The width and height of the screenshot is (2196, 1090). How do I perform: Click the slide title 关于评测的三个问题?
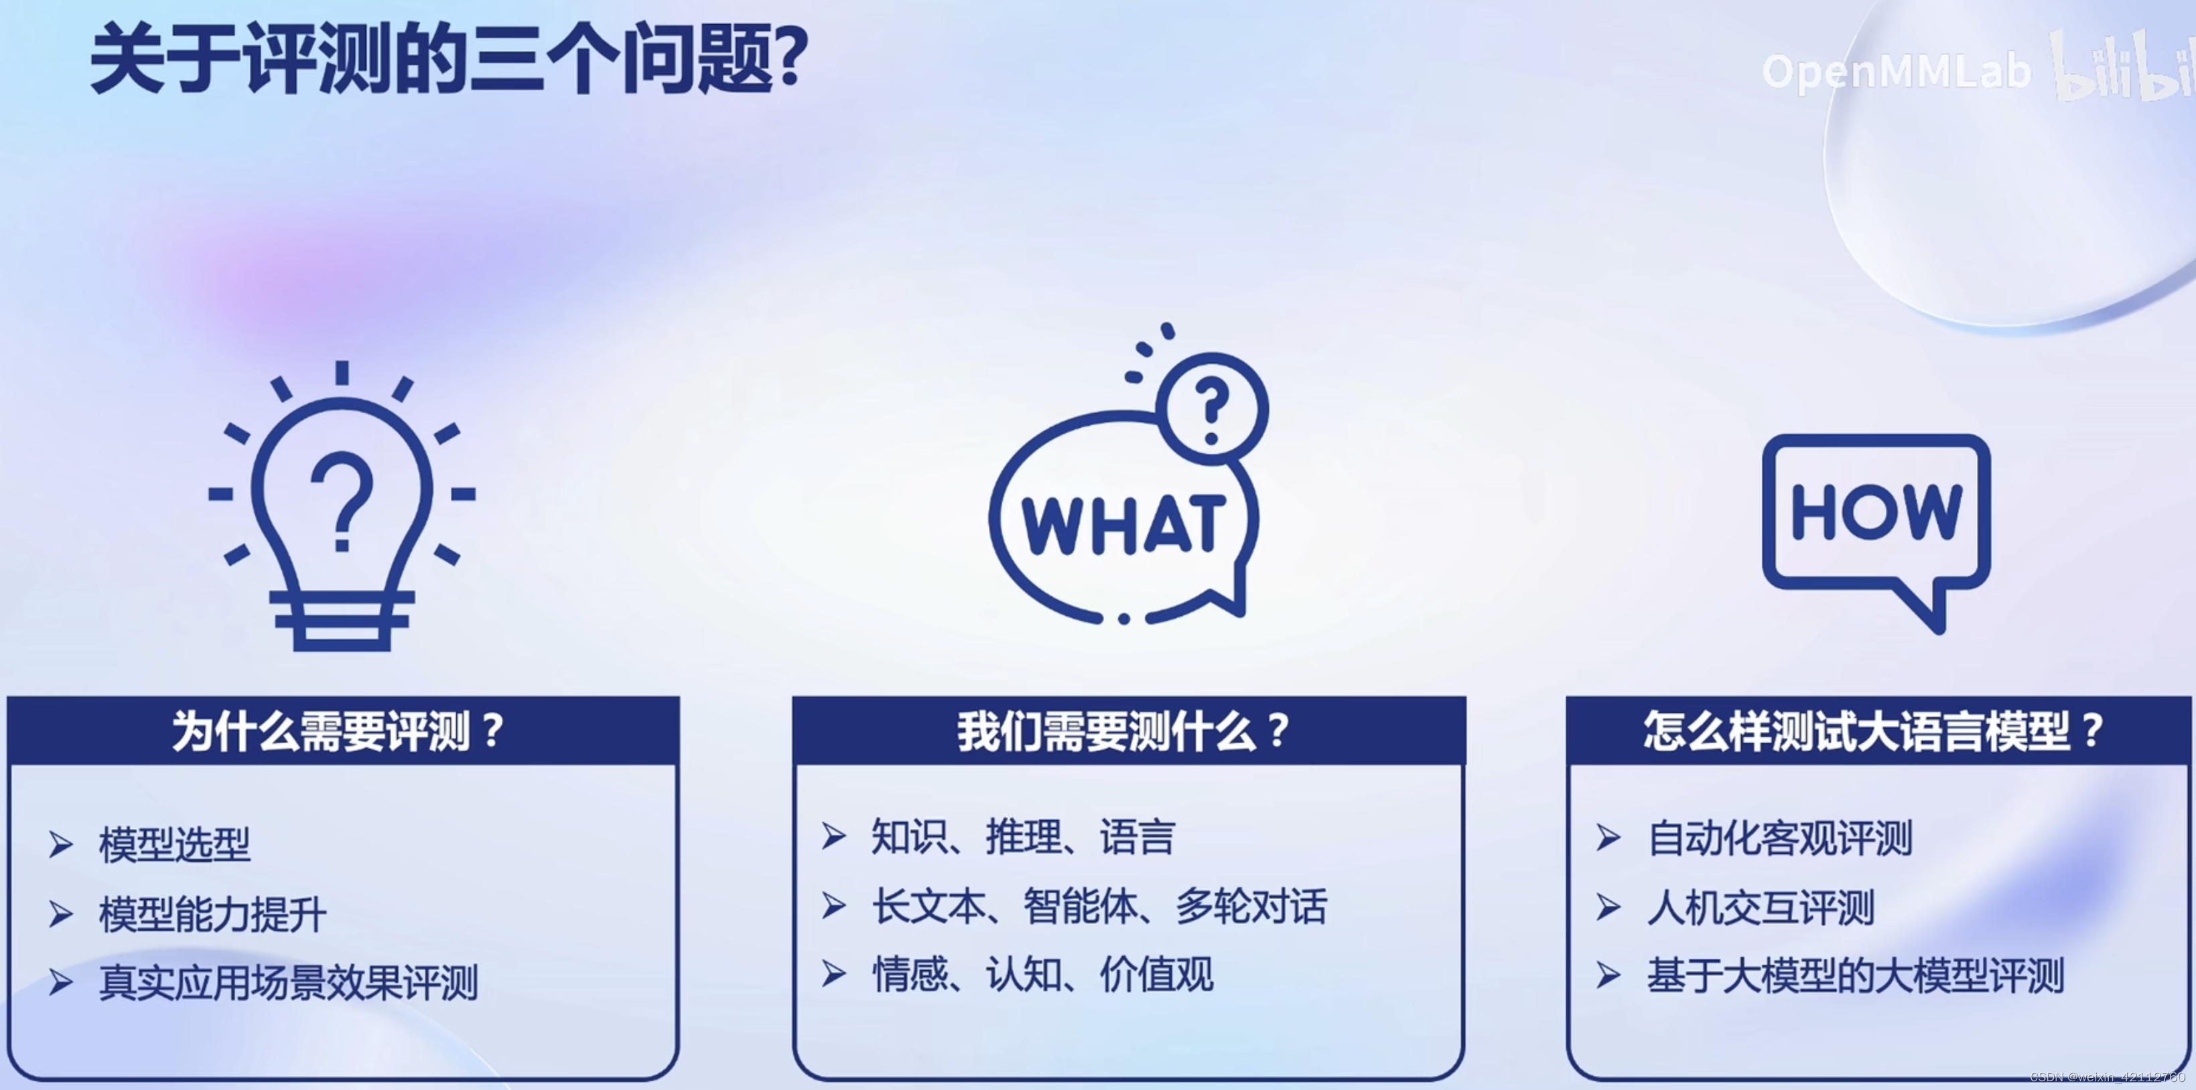[x=448, y=60]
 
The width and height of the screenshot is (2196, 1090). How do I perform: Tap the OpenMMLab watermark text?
[x=1896, y=72]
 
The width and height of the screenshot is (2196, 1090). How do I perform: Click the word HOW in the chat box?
[x=1876, y=512]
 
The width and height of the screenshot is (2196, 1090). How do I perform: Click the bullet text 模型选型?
[x=175, y=844]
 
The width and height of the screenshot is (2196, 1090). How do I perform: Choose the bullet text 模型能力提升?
[x=212, y=915]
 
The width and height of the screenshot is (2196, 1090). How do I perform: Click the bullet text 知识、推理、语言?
[x=1023, y=837]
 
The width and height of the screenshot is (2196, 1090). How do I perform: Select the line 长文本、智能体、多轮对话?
[x=1099, y=906]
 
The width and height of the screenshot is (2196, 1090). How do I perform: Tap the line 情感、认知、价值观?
[x=1042, y=974]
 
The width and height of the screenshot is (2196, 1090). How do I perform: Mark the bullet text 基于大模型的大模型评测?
[x=1855, y=976]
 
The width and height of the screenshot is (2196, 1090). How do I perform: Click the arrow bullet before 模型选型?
[x=60, y=844]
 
